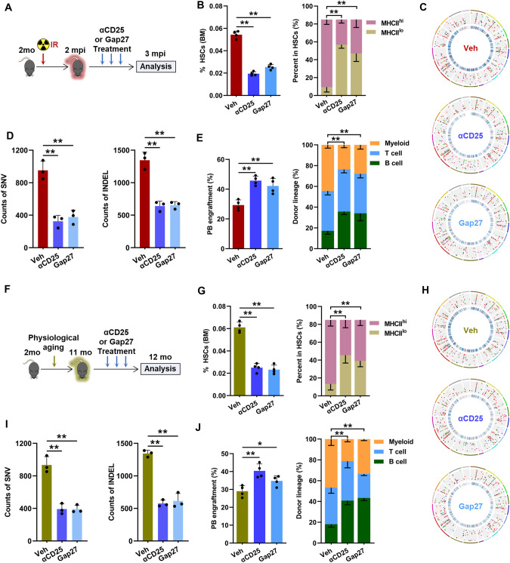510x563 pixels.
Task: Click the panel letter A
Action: coord(8,7)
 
